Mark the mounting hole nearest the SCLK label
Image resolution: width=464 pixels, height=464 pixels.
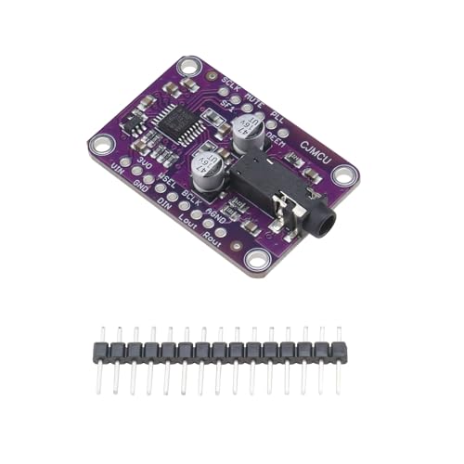pyautogui.click(x=189, y=67)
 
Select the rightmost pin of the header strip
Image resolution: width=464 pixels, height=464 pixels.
pyautogui.click(x=339, y=350)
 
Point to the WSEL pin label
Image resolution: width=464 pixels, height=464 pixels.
pyautogui.click(x=167, y=185)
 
